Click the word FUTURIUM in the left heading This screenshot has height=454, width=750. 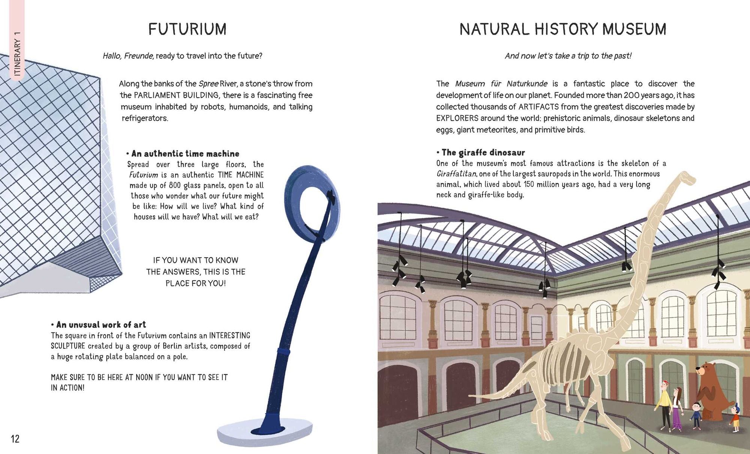[187, 29]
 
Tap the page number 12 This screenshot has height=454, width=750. [15, 439]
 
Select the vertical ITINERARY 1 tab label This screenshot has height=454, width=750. [17, 54]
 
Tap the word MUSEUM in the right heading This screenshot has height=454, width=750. [634, 29]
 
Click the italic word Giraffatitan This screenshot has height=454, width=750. [456, 174]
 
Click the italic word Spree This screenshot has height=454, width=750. [208, 84]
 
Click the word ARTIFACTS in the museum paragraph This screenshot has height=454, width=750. [538, 107]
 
